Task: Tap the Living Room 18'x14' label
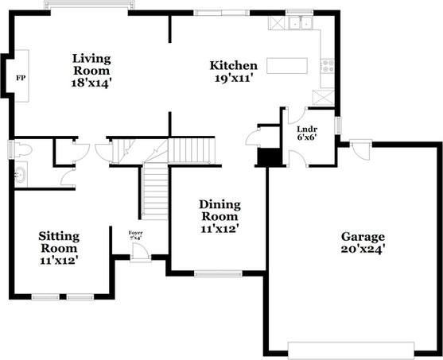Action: click(91, 71)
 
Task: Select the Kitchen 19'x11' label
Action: click(233, 72)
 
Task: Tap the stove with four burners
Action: click(326, 65)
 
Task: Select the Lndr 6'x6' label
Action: click(307, 132)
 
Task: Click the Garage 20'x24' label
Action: click(363, 242)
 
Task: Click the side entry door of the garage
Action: click(360, 145)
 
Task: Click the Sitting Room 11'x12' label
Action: click(59, 247)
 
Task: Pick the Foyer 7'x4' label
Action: click(135, 235)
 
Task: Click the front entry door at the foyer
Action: click(140, 252)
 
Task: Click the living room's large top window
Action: click(88, 6)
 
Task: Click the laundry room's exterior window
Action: click(338, 126)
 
